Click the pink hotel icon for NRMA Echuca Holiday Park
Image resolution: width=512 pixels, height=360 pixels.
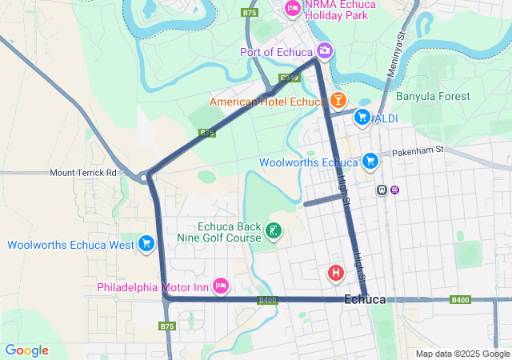tap(292, 9)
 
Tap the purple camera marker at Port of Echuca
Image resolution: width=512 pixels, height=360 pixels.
tap(324, 52)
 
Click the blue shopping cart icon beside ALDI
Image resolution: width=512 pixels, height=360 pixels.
tap(362, 118)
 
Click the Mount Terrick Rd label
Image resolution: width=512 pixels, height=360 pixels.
tap(83, 173)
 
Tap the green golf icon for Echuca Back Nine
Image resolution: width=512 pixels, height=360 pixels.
tap(274, 232)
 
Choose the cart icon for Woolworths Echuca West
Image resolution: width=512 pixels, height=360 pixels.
tap(146, 245)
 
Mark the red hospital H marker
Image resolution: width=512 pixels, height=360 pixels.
tap(336, 274)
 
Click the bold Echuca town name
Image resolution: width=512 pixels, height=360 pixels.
tap(364, 299)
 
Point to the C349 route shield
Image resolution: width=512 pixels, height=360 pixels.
tap(290, 78)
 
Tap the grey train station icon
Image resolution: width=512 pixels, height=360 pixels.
tap(382, 190)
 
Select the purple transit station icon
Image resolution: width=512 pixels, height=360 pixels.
tap(395, 190)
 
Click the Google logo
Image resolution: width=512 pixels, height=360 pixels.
tap(26, 350)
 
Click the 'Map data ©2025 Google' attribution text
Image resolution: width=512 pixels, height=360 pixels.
tap(462, 354)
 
